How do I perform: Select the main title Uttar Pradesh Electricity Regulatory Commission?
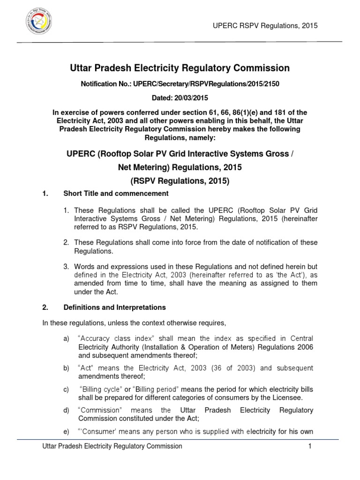tap(180, 68)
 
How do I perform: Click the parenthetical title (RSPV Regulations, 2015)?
tap(180, 180)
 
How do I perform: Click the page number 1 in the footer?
tap(310, 447)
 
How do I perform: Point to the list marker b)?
tap(66, 368)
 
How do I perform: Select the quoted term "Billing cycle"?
tap(101, 390)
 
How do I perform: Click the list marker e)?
tap(66, 431)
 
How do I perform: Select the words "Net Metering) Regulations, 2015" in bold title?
tap(180, 167)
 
